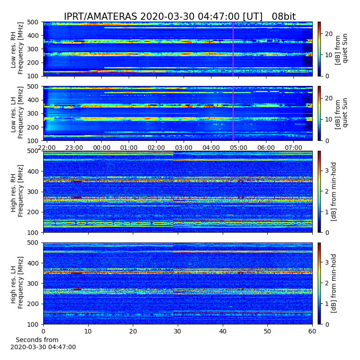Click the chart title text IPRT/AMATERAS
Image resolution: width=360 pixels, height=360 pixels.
pyautogui.click(x=100, y=17)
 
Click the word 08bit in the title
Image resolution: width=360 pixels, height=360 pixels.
pyautogui.click(x=283, y=17)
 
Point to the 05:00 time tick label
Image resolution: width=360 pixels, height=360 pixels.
pyautogui.click(x=238, y=148)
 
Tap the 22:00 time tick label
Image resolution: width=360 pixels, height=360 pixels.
pyautogui.click(x=47, y=148)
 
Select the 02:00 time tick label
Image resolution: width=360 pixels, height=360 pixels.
pyautogui.click(x=156, y=148)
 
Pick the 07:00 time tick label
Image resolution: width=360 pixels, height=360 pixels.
pyautogui.click(x=293, y=148)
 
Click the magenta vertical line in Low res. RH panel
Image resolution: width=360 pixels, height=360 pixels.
pyautogui.click(x=233, y=49)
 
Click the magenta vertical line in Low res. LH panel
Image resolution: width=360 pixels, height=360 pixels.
pyautogui.click(x=233, y=113)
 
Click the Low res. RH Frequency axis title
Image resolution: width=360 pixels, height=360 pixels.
pyautogui.click(x=17, y=49)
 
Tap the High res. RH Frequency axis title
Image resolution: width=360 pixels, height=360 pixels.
pyautogui.click(x=17, y=191)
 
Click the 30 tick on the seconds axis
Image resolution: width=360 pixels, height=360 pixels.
pyautogui.click(x=178, y=331)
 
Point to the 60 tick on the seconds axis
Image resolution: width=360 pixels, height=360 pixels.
pyautogui.click(x=312, y=331)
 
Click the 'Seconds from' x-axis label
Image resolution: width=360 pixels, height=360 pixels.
pyautogui.click(x=37, y=340)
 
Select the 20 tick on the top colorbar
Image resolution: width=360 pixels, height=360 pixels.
pyautogui.click(x=328, y=34)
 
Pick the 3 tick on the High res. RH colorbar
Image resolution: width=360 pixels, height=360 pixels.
pyautogui.click(x=327, y=171)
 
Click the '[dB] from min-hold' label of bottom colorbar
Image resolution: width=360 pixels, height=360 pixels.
pyautogui.click(x=333, y=283)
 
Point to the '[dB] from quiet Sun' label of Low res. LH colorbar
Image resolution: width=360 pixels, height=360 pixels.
pyautogui.click(x=341, y=113)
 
